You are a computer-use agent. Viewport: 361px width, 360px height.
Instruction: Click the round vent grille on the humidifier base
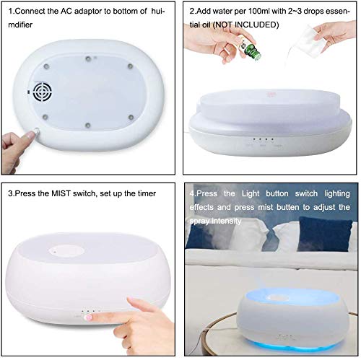42,92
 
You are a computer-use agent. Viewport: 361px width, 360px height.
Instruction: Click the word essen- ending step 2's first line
336,12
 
